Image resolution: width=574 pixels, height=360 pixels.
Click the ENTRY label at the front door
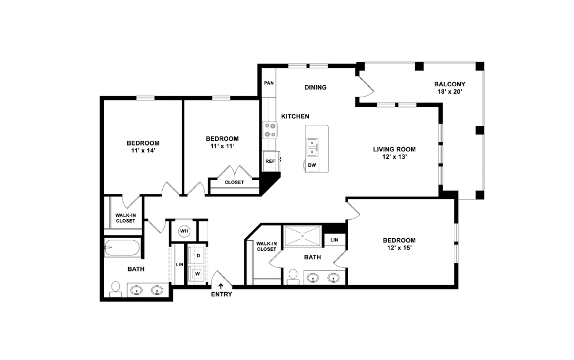[221, 294]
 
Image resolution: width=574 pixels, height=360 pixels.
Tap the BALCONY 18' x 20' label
[449, 87]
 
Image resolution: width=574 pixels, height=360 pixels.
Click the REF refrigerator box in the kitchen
[270, 162]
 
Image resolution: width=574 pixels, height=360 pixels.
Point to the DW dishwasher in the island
[312, 165]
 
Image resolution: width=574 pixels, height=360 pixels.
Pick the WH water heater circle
[184, 231]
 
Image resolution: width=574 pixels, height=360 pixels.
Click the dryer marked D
[198, 255]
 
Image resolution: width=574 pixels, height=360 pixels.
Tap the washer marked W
[198, 273]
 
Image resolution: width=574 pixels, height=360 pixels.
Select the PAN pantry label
[269, 83]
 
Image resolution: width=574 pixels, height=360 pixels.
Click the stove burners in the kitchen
[270, 131]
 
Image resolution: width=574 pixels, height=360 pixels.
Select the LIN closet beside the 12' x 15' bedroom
[334, 239]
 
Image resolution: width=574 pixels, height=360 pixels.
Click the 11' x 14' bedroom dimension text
[143, 150]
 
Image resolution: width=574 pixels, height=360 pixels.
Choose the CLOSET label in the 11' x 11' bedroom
[234, 182]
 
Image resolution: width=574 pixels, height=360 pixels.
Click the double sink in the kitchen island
[313, 147]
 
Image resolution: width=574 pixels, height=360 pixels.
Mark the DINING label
[315, 87]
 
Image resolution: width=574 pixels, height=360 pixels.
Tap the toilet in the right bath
[293, 277]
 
